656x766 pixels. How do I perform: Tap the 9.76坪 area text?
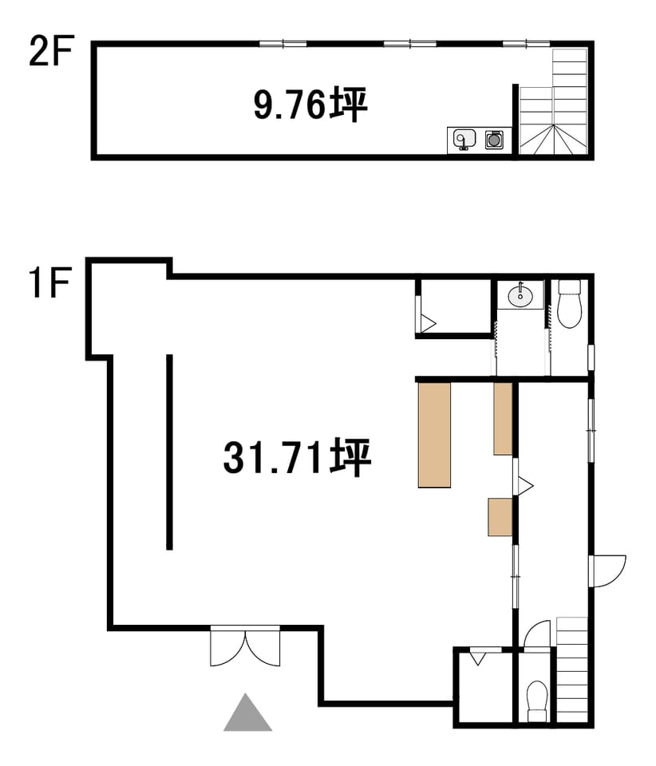pos(310,105)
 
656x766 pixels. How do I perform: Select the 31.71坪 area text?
pos(298,458)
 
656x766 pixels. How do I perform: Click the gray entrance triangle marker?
pos(247,713)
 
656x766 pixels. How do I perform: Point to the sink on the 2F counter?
pos(463,140)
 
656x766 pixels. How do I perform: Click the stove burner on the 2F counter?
pos(493,140)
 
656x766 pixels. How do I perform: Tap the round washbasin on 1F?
pos(520,295)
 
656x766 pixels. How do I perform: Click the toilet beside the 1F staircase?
pos(537,701)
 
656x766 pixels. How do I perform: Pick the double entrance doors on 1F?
pos(245,646)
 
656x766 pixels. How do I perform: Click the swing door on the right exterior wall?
pos(607,571)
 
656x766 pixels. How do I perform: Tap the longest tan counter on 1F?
pos(434,435)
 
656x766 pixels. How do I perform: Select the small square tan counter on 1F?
pos(500,517)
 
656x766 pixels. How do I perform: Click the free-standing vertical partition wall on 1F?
pos(169,452)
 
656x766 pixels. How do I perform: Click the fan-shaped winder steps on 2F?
pos(553,140)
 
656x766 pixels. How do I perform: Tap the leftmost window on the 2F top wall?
pos(283,44)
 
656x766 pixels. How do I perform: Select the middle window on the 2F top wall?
pos(410,44)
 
